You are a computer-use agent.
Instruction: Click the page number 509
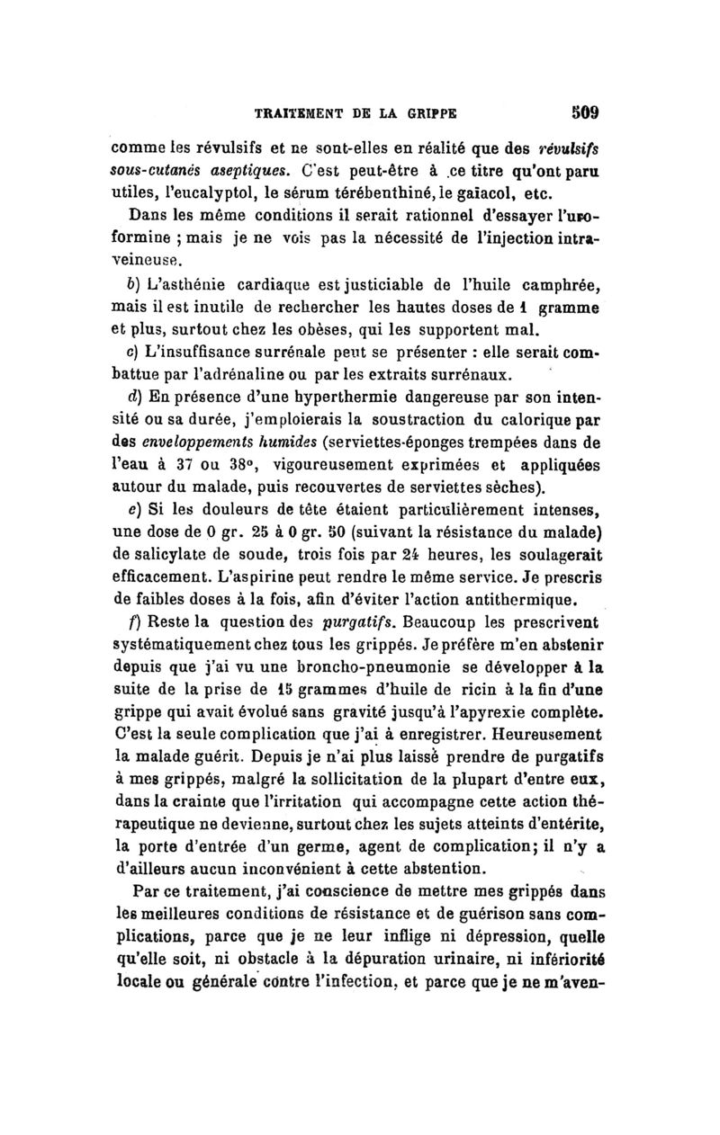[584, 114]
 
